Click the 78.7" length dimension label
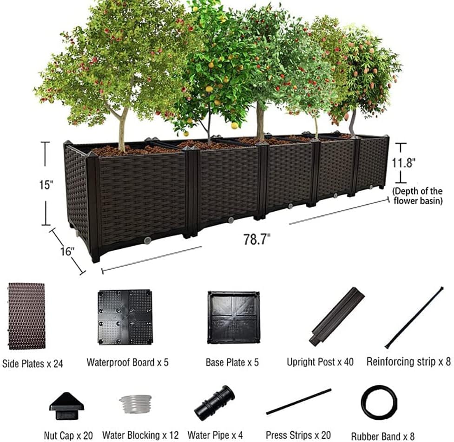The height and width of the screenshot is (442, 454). point(257,240)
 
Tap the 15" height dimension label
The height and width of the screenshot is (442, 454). point(46,184)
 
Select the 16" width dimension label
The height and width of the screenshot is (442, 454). point(67,252)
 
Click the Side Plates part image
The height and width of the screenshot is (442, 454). point(27,316)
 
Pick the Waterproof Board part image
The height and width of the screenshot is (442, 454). point(125,317)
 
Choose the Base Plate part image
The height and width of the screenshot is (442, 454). point(233,317)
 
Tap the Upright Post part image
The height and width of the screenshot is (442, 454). point(336,316)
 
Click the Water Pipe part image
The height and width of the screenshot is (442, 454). point(214,402)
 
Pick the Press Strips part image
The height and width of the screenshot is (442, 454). point(298,402)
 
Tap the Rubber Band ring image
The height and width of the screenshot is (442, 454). point(379,402)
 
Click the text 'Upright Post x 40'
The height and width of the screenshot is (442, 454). point(320,362)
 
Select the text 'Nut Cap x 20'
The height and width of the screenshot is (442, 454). point(68,435)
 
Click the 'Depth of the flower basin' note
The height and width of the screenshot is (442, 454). point(418,195)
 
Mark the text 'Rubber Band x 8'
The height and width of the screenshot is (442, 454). point(382,436)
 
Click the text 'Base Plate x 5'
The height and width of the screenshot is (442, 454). point(232,362)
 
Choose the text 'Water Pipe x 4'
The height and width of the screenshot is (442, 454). point(215,435)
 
